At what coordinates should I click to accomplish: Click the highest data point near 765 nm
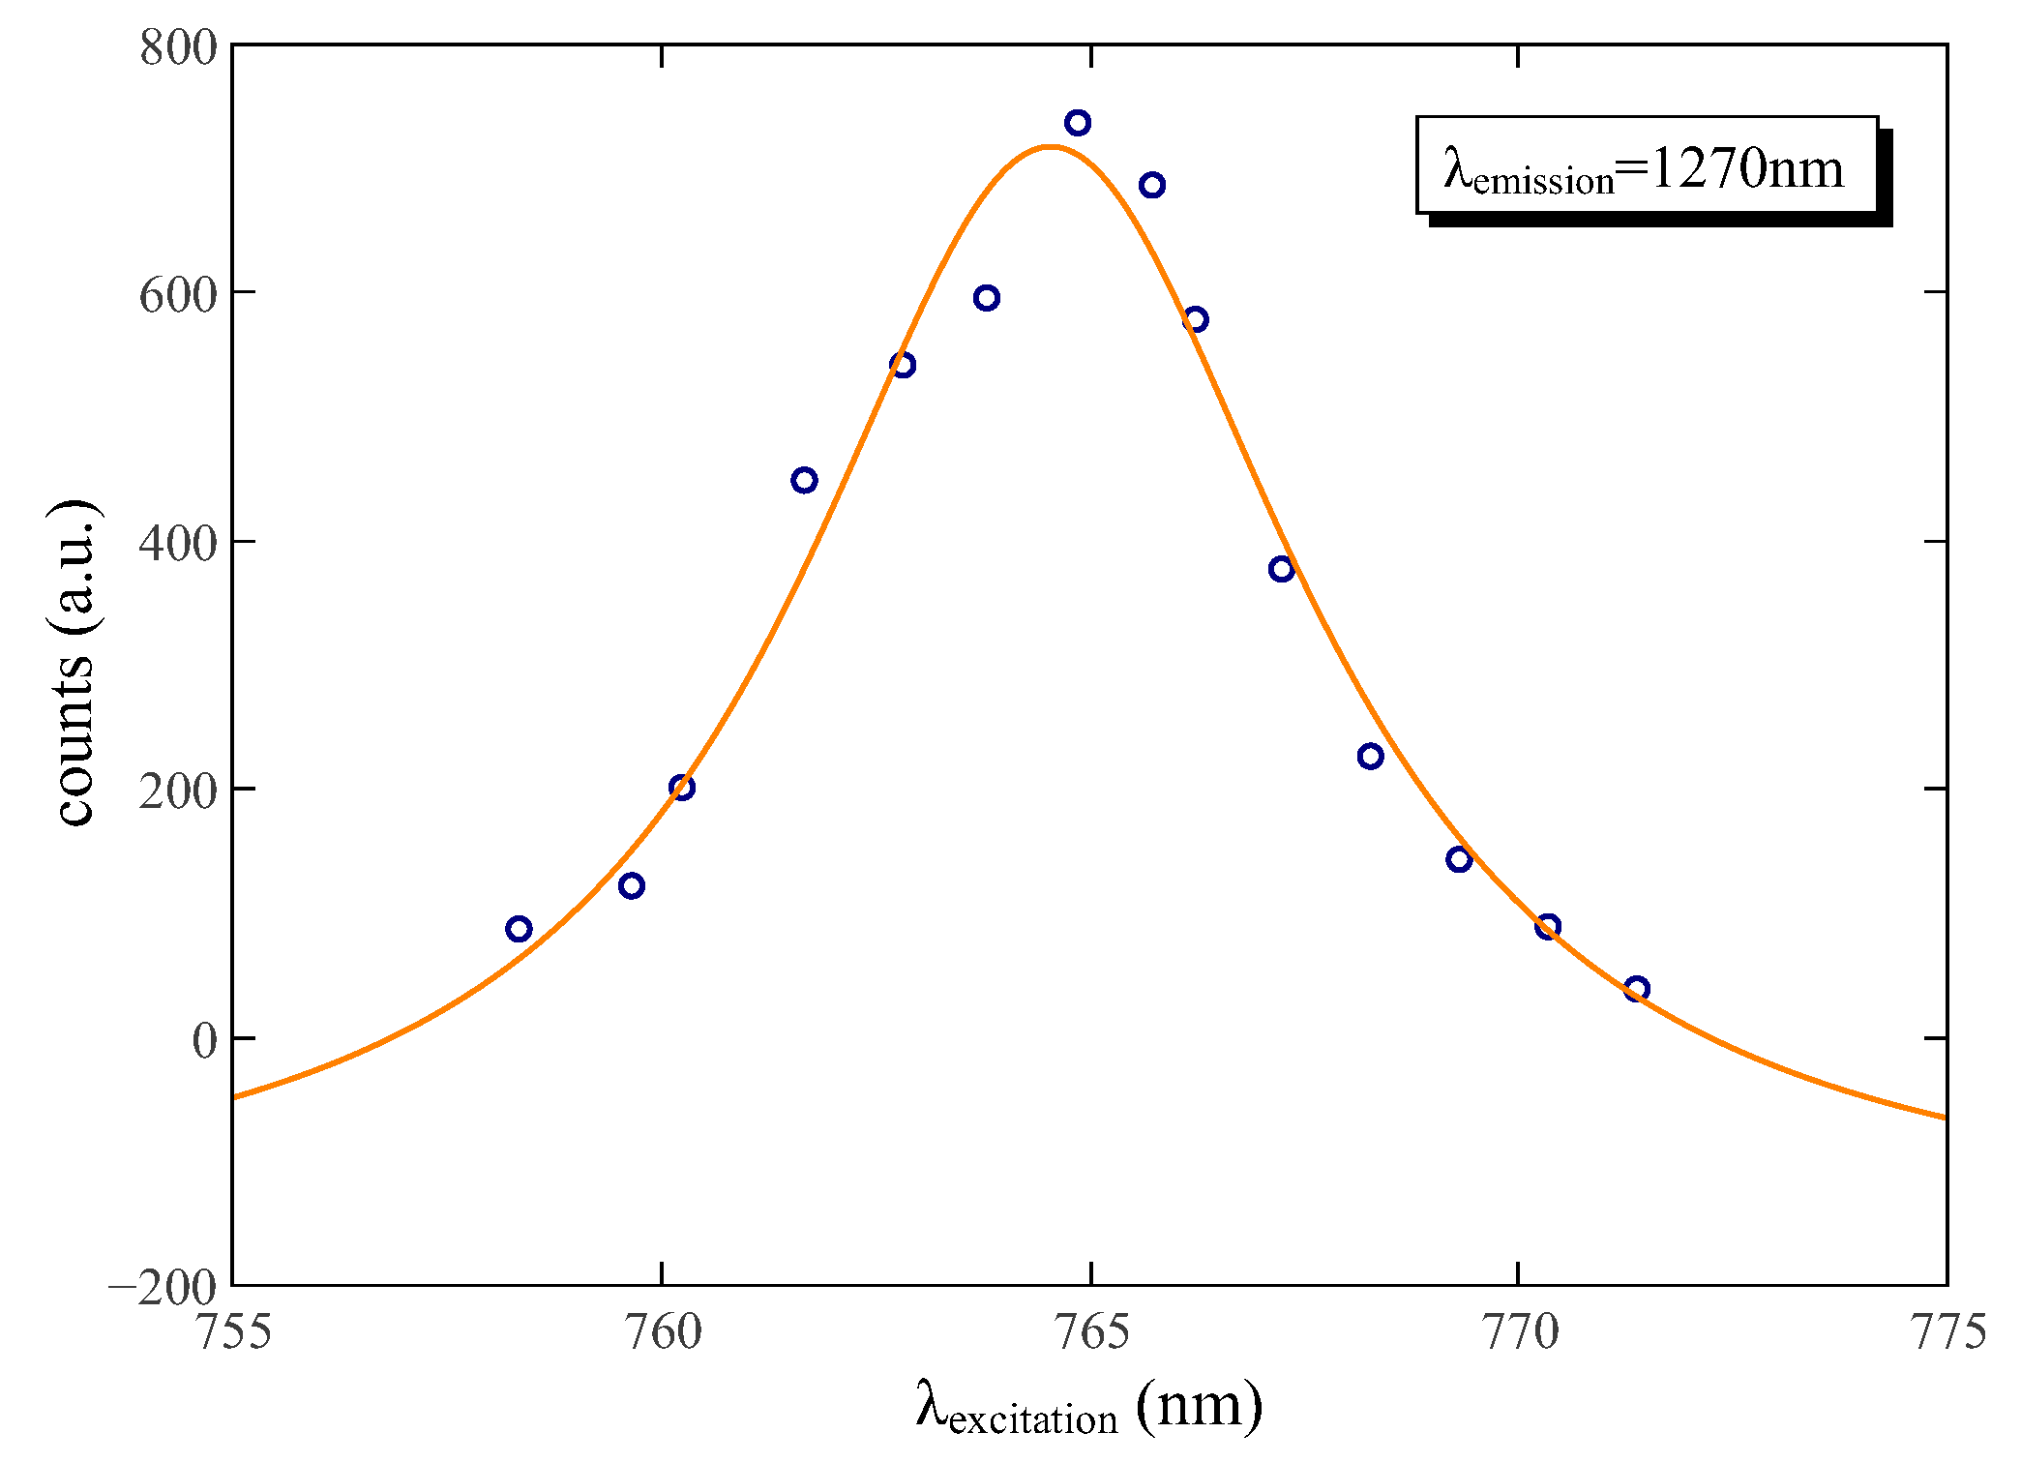click(x=1078, y=123)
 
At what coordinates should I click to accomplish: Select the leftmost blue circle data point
click(x=519, y=929)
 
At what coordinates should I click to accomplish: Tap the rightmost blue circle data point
click(x=1636, y=989)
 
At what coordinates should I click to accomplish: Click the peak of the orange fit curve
click(x=1051, y=147)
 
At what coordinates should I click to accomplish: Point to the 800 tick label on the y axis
click(x=179, y=48)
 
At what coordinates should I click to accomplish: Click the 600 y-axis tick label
click(x=179, y=294)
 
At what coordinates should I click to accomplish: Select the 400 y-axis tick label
click(x=179, y=543)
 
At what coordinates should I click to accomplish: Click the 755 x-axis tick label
click(x=233, y=1331)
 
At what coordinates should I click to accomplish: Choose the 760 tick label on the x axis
click(x=663, y=1331)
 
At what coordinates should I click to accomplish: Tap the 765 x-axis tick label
click(x=1091, y=1331)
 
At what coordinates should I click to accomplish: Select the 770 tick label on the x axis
click(x=1520, y=1331)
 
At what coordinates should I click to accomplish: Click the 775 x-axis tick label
click(x=1947, y=1331)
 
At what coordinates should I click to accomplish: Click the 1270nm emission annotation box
click(x=1647, y=165)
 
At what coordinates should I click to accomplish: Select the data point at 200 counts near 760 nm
click(x=682, y=787)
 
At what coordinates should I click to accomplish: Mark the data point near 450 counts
click(x=804, y=480)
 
